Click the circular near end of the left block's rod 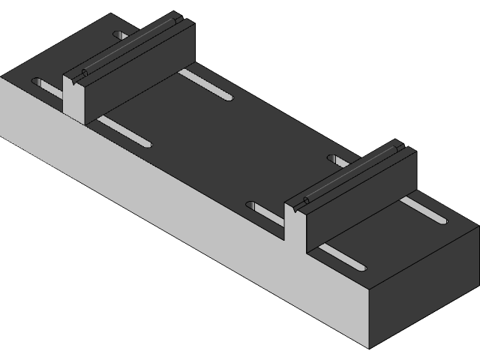click(83, 73)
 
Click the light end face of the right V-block click(295, 225)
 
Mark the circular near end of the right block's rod click(305, 202)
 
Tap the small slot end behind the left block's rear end click(120, 35)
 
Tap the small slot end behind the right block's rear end click(335, 158)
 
